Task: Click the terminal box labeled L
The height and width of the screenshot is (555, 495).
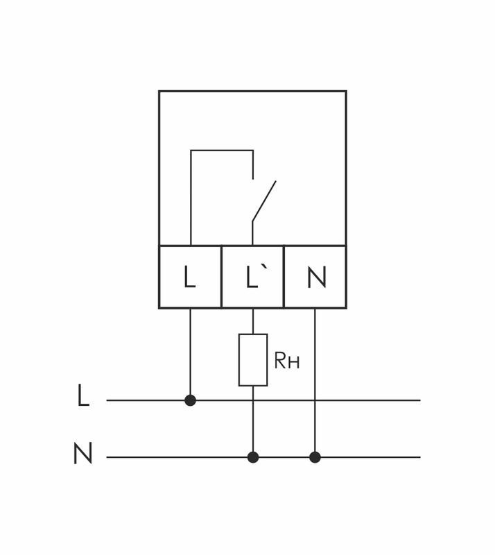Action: tap(190, 277)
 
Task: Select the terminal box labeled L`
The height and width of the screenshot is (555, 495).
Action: tap(252, 277)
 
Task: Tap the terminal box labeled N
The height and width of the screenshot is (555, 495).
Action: tap(315, 277)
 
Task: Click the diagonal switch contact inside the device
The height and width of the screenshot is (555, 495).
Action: tap(264, 201)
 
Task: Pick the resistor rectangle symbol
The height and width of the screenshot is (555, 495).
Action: tap(253, 359)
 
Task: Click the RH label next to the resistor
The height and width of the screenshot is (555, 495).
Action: tap(287, 361)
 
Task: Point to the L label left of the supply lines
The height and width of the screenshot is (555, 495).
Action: tap(83, 397)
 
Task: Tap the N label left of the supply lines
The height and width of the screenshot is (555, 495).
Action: tap(82, 454)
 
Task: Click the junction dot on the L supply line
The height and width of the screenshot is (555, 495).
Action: tap(191, 400)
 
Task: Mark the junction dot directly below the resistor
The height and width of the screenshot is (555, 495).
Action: tap(253, 457)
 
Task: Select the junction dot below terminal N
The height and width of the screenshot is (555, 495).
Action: tap(315, 457)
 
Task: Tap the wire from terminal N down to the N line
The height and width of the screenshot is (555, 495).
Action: tap(315, 382)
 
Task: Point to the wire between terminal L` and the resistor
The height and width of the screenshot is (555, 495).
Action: tap(253, 321)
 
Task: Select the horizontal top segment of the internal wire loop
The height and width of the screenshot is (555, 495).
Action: tap(222, 151)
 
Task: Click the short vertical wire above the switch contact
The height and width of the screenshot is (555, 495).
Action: tap(253, 164)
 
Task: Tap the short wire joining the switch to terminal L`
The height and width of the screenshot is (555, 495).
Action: tap(252, 234)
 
